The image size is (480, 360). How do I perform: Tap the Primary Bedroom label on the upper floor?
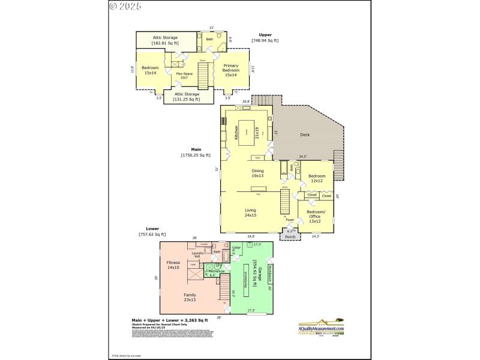[x=231, y=70]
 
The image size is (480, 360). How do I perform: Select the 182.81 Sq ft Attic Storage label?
[x=165, y=41]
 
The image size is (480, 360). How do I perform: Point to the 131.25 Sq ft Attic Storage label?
[x=187, y=97]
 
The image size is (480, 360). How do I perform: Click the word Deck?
[x=305, y=135]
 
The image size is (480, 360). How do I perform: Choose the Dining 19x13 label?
[x=257, y=173]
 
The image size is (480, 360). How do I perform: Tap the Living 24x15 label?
[x=251, y=212]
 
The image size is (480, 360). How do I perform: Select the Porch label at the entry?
[x=290, y=237]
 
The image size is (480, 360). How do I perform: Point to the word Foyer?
[x=290, y=220]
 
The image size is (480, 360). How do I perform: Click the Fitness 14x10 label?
[x=173, y=265]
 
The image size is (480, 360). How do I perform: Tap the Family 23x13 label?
[x=190, y=297]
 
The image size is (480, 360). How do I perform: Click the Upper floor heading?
[x=265, y=35]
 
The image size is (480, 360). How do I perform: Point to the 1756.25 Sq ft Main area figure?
[x=196, y=155]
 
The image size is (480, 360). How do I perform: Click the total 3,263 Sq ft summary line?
[x=169, y=321]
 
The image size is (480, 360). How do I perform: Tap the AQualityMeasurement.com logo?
[x=321, y=326]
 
